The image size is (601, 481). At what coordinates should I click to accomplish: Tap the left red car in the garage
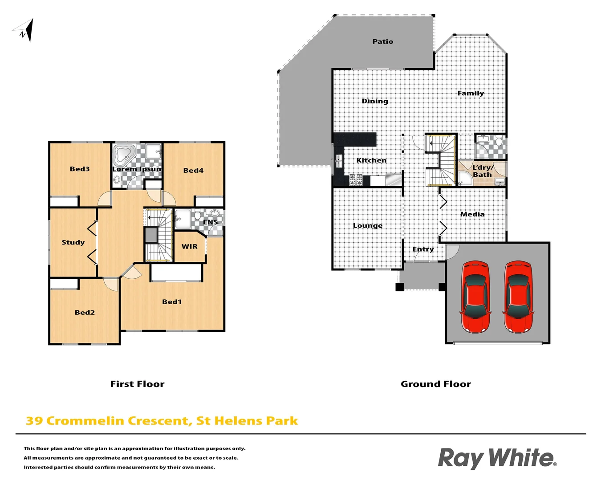(x=475, y=297)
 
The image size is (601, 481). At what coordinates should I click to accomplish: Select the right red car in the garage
(x=518, y=297)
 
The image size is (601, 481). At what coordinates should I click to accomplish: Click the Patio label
(x=383, y=41)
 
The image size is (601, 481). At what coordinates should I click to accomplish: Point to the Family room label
(x=471, y=93)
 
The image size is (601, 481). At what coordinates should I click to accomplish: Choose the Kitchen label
(x=371, y=160)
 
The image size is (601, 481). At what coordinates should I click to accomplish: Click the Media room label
(x=472, y=214)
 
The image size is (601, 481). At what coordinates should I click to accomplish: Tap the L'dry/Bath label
(x=483, y=171)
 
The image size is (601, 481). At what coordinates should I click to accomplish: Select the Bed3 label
(x=80, y=169)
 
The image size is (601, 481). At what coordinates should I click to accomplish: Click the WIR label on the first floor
(x=189, y=246)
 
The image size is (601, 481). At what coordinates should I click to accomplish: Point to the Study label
(x=73, y=242)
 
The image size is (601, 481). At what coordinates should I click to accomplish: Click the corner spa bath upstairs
(x=123, y=155)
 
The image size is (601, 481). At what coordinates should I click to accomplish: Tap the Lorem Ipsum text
(x=137, y=169)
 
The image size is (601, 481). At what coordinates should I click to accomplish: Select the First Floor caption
(x=137, y=384)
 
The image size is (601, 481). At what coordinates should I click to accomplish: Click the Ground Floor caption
(x=436, y=384)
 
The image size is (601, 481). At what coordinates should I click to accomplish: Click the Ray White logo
(x=497, y=458)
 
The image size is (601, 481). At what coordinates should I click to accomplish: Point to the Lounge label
(x=368, y=226)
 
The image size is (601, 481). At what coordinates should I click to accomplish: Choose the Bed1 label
(x=172, y=302)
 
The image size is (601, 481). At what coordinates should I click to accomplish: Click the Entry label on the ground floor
(x=423, y=249)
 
